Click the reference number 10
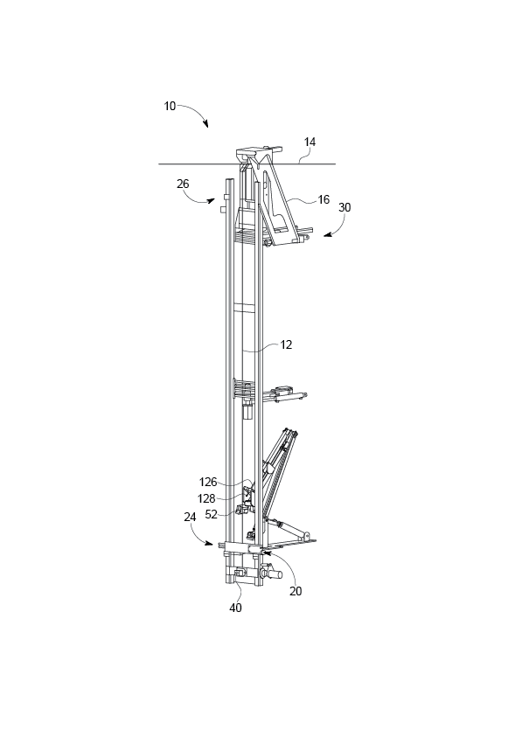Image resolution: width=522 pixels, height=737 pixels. pyautogui.click(x=170, y=106)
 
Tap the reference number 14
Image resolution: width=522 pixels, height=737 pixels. pyautogui.click(x=310, y=142)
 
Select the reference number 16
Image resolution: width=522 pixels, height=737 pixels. pyautogui.click(x=324, y=200)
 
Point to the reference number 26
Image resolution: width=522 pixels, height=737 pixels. pyautogui.click(x=182, y=184)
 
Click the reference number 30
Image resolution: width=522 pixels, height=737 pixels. pyautogui.click(x=345, y=208)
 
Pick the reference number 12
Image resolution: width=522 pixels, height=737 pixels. pyautogui.click(x=286, y=344)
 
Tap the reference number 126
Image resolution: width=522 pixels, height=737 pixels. pyautogui.click(x=208, y=481)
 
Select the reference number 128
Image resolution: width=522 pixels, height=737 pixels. pyautogui.click(x=208, y=497)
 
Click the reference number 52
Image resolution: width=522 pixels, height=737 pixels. pyautogui.click(x=211, y=514)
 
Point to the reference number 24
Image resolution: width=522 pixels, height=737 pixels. pyautogui.click(x=190, y=517)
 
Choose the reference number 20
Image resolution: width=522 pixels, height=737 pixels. pyautogui.click(x=296, y=590)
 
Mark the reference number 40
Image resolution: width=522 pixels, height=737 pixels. pyautogui.click(x=235, y=608)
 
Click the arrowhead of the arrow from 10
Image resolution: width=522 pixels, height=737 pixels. pyautogui.click(x=207, y=128)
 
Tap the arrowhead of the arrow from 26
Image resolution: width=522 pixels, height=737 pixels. pyautogui.click(x=214, y=202)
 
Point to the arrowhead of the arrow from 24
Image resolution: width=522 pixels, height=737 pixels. pyautogui.click(x=212, y=544)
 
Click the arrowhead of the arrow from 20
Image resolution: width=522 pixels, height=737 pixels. pyautogui.click(x=261, y=553)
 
